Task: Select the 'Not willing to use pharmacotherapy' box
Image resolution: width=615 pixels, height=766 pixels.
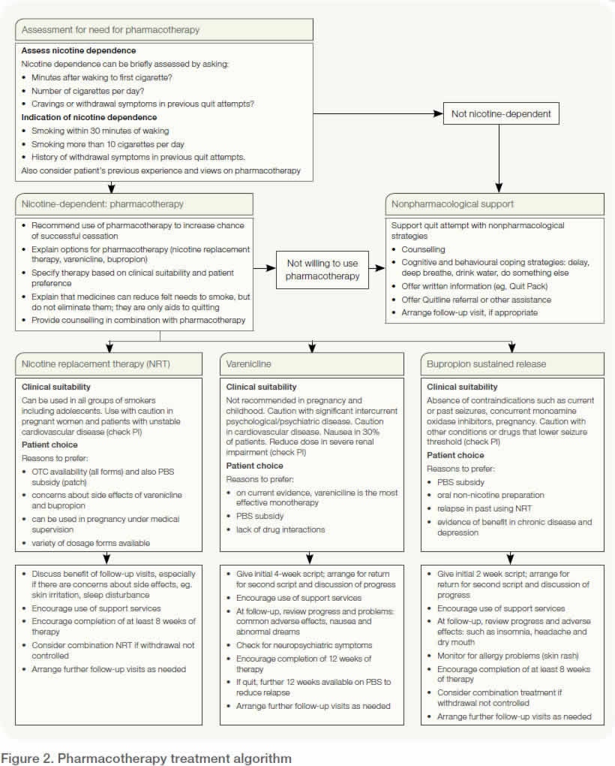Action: pos(322,269)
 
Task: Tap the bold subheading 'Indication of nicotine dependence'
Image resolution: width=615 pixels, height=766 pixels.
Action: pos(89,117)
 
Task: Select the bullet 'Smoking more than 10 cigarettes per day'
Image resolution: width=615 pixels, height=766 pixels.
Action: pos(109,144)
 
